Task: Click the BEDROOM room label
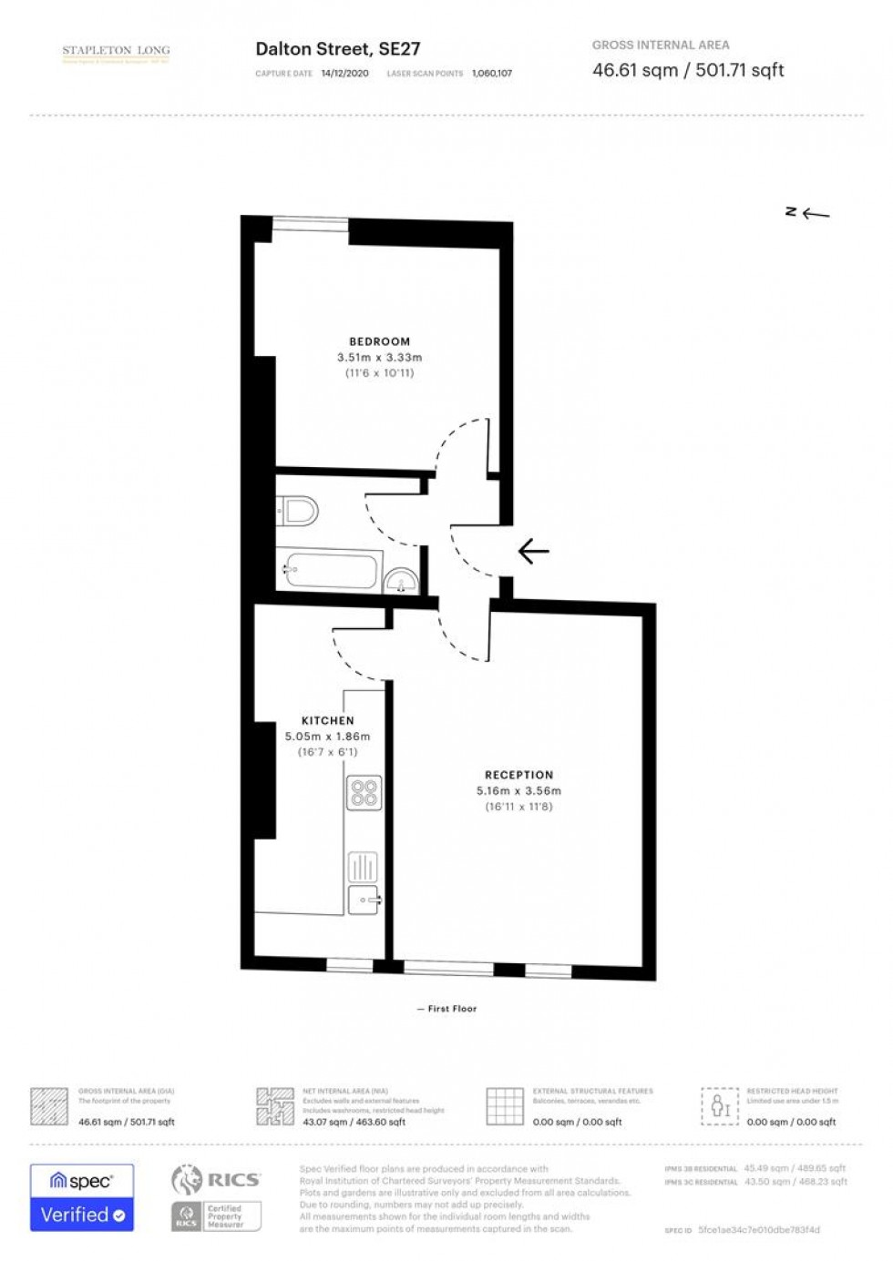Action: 379,341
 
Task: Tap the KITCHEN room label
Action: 327,720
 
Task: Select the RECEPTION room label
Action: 518,775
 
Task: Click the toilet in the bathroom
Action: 297,510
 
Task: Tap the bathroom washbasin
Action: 401,581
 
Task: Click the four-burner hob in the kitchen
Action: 364,792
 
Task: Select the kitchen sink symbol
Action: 364,900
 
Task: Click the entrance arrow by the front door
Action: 533,551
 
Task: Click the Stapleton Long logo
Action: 116,54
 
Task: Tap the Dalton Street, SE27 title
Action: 337,49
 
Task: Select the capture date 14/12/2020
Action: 344,74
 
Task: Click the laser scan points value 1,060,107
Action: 492,74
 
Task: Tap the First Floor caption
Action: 452,1009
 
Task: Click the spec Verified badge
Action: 82,1197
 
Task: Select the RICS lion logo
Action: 187,1180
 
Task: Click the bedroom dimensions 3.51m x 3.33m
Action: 379,358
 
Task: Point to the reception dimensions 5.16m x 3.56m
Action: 518,791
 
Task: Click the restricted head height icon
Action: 720,1106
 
